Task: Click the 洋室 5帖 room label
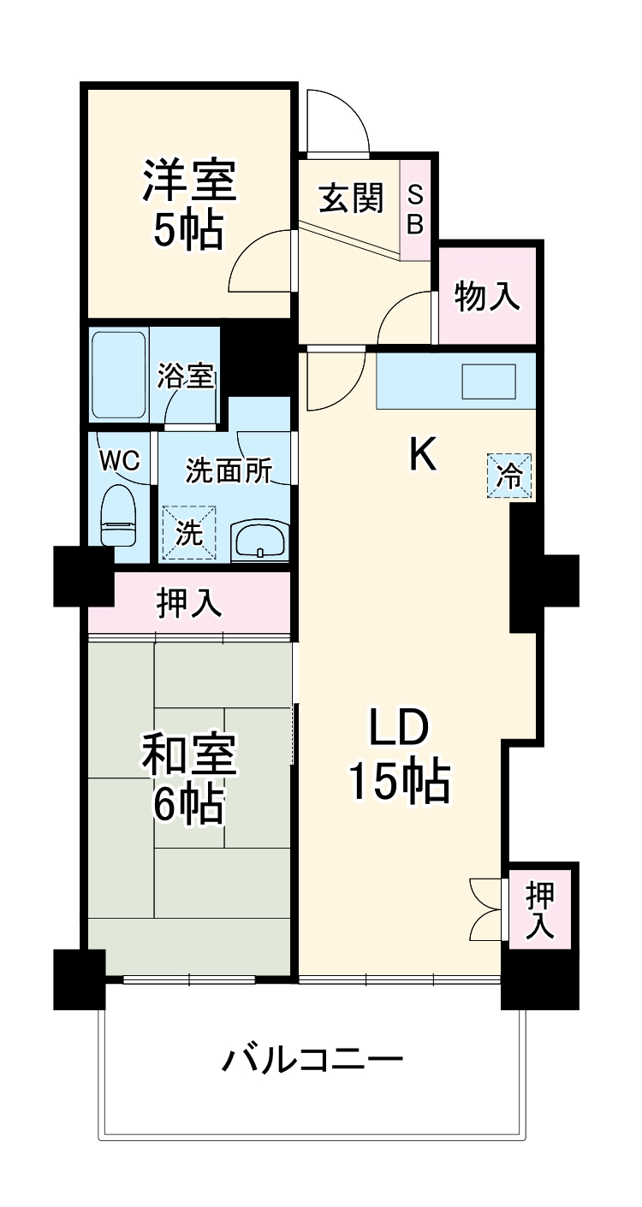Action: point(189,204)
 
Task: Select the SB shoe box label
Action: point(415,210)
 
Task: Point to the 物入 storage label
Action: point(487,296)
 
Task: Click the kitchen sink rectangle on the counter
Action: point(489,382)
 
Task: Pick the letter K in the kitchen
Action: point(422,454)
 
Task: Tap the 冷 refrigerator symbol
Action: point(510,476)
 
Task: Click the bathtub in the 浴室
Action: point(119,373)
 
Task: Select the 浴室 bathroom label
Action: point(186,377)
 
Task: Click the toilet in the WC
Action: point(118,515)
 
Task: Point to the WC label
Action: point(119,460)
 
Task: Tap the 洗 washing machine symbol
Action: point(189,533)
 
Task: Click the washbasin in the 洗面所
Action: point(259,540)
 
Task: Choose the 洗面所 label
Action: point(229,470)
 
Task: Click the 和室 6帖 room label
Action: point(189,778)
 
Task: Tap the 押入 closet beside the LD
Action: point(539,908)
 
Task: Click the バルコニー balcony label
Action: point(312,1062)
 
